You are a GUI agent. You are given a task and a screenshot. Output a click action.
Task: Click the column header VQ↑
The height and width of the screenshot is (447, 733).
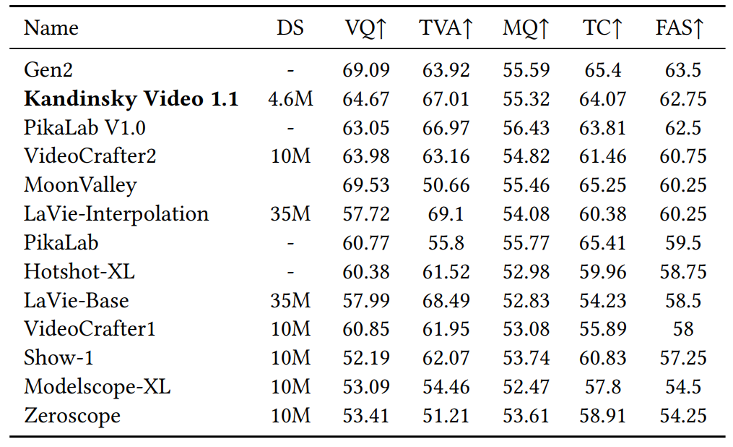[x=366, y=29]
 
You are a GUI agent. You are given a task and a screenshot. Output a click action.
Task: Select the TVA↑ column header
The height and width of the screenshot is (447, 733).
[x=446, y=29]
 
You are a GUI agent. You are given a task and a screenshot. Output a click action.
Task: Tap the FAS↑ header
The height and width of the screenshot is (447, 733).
[x=680, y=29]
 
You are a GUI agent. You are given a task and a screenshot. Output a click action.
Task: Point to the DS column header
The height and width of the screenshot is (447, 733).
[x=290, y=29]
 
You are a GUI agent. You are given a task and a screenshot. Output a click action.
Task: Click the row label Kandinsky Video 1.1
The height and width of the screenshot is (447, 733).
[x=131, y=99]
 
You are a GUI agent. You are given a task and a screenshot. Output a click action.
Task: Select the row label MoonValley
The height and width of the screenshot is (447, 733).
[x=80, y=185]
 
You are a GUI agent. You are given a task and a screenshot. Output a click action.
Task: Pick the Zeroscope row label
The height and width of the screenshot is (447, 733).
[x=72, y=416]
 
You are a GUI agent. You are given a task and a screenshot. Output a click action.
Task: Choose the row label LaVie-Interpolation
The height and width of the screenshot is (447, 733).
[x=116, y=214]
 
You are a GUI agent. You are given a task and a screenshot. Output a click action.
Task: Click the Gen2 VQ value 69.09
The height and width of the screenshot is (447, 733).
[x=366, y=70]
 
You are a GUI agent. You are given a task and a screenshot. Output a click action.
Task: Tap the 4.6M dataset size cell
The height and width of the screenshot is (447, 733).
[x=290, y=99]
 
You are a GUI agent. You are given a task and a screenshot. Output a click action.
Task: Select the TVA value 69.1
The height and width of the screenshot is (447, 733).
[x=446, y=214]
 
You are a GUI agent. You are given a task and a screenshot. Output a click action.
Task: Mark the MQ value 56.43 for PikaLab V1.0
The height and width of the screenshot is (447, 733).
[x=526, y=128]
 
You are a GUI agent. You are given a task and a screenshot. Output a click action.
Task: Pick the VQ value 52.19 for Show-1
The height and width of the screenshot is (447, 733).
[x=366, y=358]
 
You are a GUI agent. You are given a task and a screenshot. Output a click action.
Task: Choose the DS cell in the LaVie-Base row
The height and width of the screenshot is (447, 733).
[x=290, y=300]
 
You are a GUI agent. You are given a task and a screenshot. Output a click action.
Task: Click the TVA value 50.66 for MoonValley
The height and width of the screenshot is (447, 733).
[x=446, y=185]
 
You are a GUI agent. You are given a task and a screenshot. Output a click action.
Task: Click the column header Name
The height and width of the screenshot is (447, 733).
[x=51, y=29]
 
